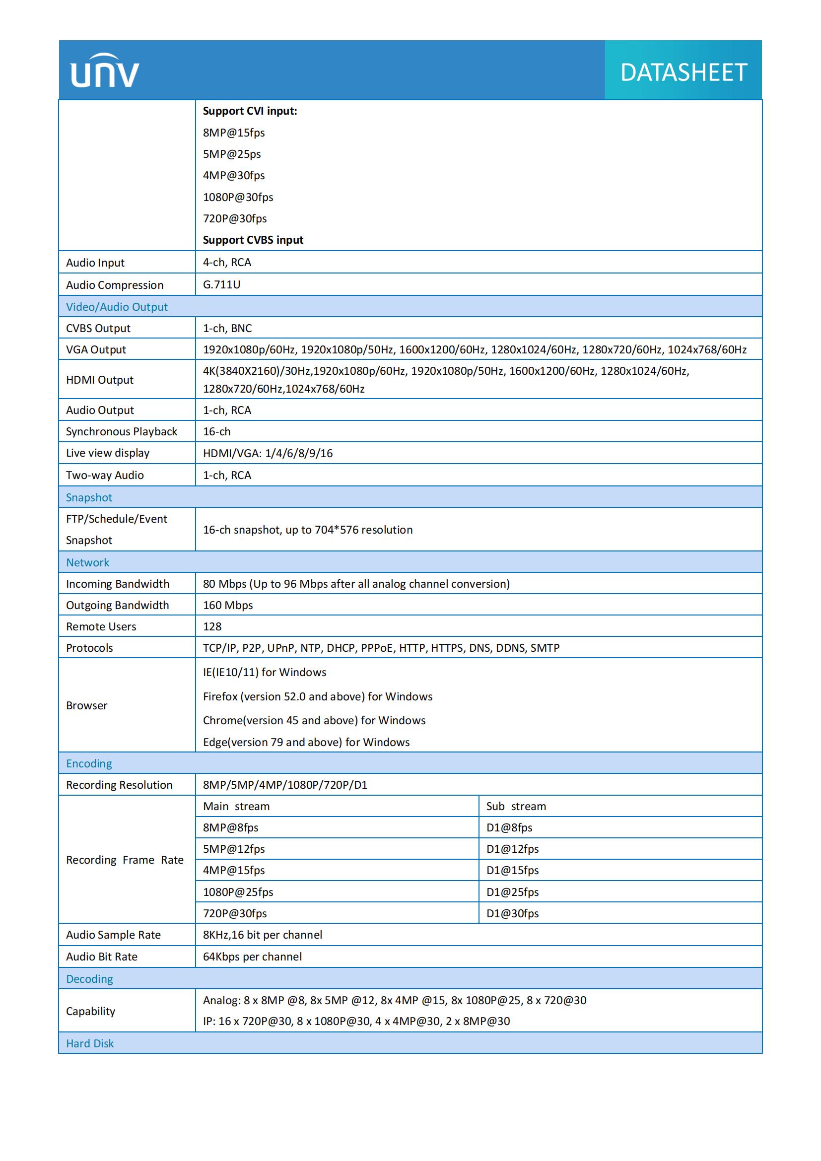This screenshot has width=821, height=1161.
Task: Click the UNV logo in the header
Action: pos(105,71)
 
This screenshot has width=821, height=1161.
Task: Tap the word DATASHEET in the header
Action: pos(684,72)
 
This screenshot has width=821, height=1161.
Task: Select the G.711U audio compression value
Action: pos(221,284)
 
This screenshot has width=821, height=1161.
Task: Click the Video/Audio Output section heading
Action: pos(117,306)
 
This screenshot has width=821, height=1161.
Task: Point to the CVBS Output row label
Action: pos(98,328)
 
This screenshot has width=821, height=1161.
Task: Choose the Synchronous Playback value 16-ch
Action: pos(216,431)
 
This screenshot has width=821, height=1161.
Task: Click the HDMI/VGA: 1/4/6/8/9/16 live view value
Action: pos(268,453)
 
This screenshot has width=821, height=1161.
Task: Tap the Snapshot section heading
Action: pos(89,497)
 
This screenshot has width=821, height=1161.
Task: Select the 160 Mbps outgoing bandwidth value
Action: pos(227,605)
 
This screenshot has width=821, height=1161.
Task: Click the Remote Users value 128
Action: pos(212,626)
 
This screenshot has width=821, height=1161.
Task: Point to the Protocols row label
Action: pos(89,648)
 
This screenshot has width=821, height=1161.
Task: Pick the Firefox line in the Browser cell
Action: pos(318,696)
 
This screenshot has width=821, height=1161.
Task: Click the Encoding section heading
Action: pos(89,763)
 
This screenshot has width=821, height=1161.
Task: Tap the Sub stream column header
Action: pos(516,806)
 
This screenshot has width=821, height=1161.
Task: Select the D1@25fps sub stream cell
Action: pos(512,892)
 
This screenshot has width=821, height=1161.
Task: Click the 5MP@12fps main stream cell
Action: pos(234,849)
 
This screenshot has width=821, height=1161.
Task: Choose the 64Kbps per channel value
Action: pos(252,956)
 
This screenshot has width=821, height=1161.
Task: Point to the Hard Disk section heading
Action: pos(90,1043)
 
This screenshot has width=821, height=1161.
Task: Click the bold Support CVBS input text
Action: pos(253,240)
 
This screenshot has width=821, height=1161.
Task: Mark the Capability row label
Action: pos(90,1011)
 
